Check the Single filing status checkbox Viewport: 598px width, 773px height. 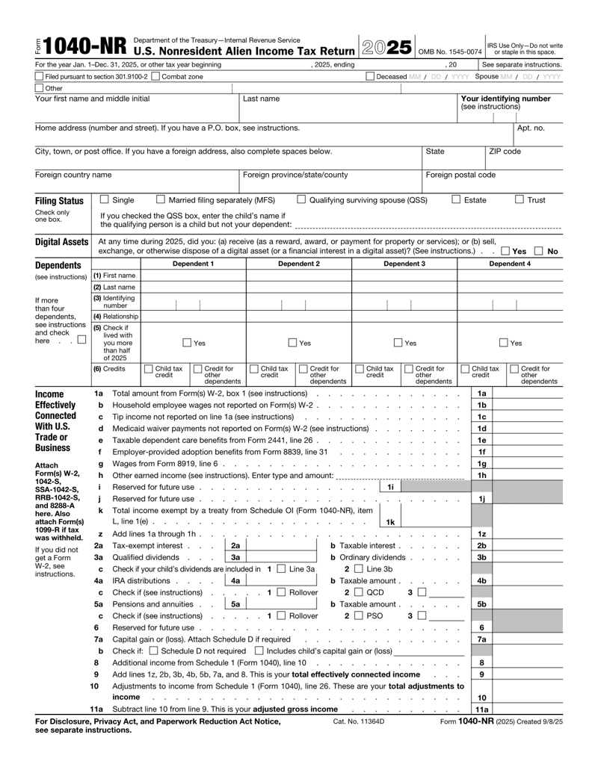pyautogui.click(x=105, y=199)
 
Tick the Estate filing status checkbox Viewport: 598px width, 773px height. pyautogui.click(x=456, y=199)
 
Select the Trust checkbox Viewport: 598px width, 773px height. pyautogui.click(x=520, y=199)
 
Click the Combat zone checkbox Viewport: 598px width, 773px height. pyautogui.click(x=155, y=77)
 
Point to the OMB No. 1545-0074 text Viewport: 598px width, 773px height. pyautogui.click(x=454, y=52)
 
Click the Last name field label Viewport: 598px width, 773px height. pyautogui.click(x=262, y=99)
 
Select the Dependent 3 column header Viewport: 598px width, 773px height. pyautogui.click(x=404, y=264)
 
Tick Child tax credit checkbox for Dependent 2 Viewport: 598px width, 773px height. pyautogui.click(x=253, y=368)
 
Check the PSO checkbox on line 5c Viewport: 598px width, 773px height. pyautogui.click(x=358, y=615)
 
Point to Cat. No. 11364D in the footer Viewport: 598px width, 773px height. pyautogui.click(x=359, y=722)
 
